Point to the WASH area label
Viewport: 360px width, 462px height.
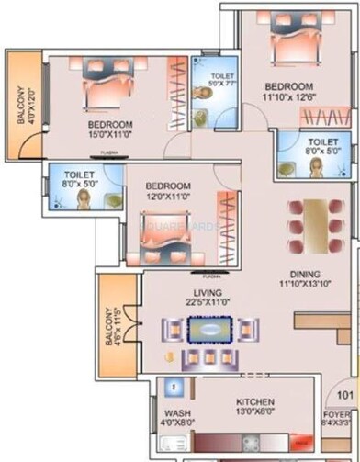tap(177, 413)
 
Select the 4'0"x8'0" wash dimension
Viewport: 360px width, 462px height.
tap(177, 423)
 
